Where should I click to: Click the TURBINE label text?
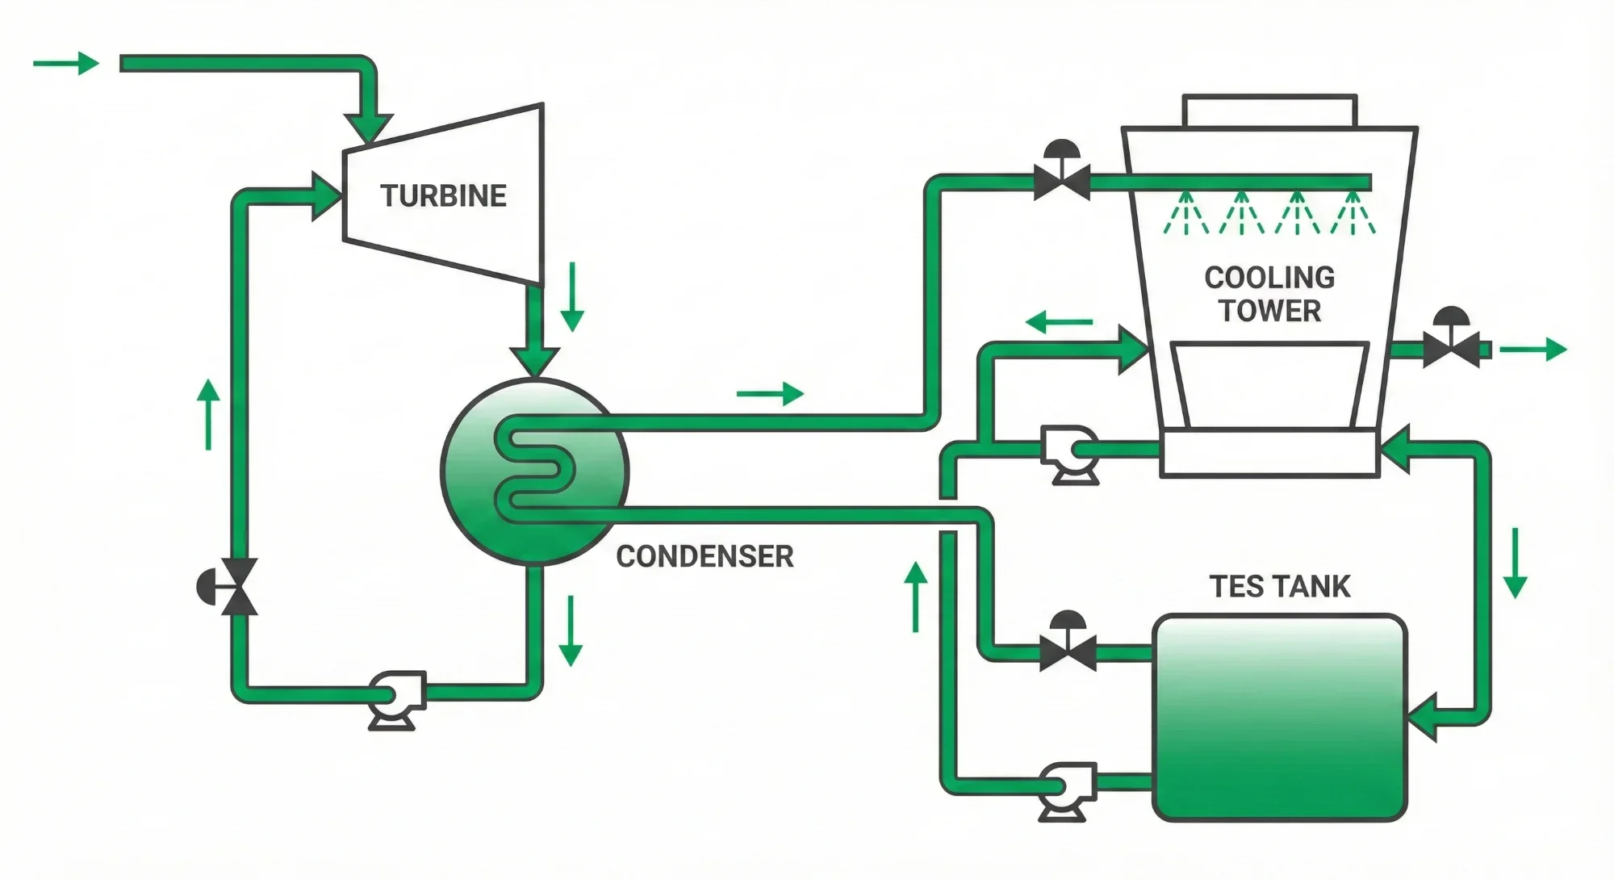[443, 195]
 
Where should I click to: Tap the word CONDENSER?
[705, 556]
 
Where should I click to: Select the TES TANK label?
[1279, 586]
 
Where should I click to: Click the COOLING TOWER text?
[1269, 294]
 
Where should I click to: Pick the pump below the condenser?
[395, 698]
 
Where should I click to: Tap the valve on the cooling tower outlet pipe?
[1451, 346]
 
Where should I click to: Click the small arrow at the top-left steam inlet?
[66, 63]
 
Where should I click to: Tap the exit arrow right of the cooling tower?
[1532, 350]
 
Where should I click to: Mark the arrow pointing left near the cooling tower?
[1059, 323]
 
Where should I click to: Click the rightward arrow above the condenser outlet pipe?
[770, 394]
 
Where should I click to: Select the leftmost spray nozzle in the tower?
[1185, 213]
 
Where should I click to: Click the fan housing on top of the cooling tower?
[1269, 110]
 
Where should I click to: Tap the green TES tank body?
[1279, 719]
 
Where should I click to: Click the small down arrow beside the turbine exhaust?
[571, 296]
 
